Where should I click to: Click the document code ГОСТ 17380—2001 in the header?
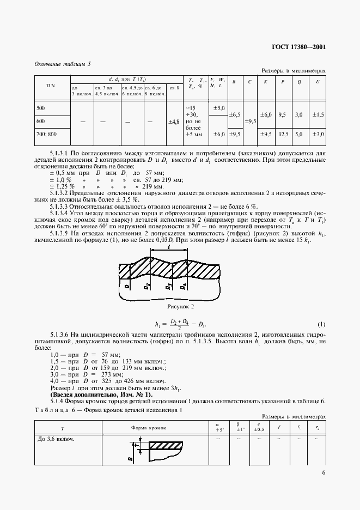pyautogui.click(x=298, y=47)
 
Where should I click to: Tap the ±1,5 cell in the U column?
pyautogui.click(x=318, y=115)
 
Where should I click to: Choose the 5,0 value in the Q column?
pyautogui.click(x=299, y=133)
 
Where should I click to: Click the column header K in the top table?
pyautogui.click(x=265, y=82)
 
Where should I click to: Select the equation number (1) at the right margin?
pyautogui.click(x=321, y=324)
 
